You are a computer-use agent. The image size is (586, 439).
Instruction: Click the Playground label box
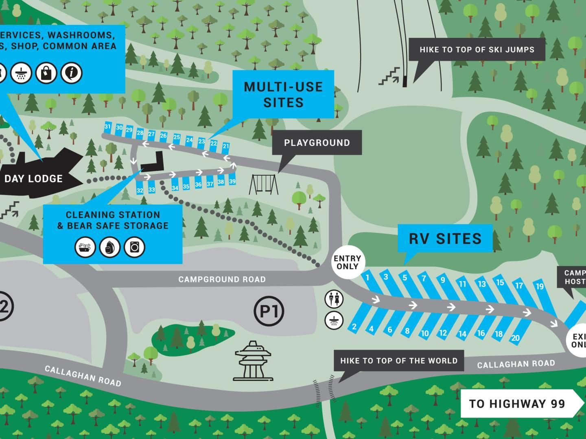(317, 143)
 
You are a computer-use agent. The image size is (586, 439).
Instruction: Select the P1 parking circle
(269, 311)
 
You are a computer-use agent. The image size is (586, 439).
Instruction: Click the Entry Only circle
(347, 263)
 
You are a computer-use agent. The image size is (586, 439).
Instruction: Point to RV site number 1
(367, 278)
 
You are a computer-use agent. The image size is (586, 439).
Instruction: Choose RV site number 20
(516, 338)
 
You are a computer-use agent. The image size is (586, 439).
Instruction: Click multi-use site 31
(107, 127)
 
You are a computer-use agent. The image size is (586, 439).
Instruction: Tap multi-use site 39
(232, 181)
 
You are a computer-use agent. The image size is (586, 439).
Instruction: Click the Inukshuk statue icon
(253, 361)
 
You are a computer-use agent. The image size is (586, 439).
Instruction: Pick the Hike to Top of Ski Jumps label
(477, 50)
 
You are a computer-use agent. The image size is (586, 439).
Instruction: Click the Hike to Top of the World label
(399, 361)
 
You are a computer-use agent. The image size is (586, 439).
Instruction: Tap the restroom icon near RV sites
(334, 300)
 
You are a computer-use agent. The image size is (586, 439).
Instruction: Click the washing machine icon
(134, 247)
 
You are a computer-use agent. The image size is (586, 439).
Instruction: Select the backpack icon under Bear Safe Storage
(110, 247)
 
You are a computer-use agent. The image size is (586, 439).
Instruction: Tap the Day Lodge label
(33, 179)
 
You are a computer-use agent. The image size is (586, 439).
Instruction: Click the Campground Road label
(222, 280)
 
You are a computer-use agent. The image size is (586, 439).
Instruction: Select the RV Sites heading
(445, 239)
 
